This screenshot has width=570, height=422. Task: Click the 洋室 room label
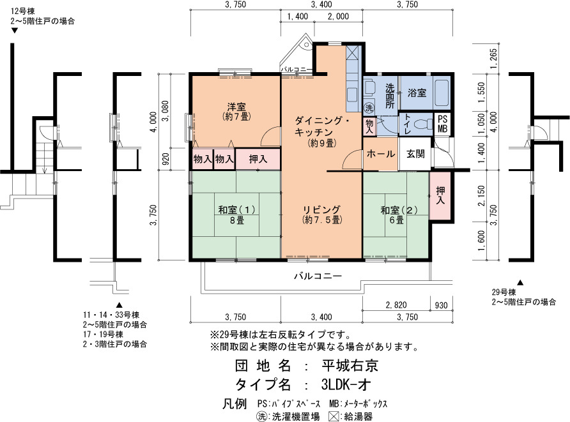tap(236, 107)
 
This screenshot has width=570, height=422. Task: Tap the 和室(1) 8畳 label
tap(236, 215)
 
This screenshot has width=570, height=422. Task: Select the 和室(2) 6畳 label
tap(399, 215)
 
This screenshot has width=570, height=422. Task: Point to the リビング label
tap(321, 209)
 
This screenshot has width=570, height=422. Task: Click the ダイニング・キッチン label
tap(322, 126)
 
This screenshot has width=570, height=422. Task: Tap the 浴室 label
tap(417, 93)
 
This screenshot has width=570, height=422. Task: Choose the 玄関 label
tap(415, 154)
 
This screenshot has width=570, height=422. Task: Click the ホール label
tap(381, 154)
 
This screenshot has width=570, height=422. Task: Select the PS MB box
tap(442, 124)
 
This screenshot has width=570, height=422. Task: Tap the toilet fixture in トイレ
tap(422, 124)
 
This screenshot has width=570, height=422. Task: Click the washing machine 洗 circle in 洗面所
tap(369, 107)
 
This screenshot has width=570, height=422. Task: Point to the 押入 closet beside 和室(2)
tap(440, 195)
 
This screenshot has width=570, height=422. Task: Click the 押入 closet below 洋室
tap(258, 159)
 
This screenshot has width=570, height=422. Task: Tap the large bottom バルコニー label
tap(318, 276)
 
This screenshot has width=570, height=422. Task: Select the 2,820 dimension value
tap(396, 305)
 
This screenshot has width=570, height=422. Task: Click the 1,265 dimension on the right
tap(493, 59)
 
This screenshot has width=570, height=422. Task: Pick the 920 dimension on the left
tap(165, 160)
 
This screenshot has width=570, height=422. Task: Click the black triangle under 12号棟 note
tap(15, 31)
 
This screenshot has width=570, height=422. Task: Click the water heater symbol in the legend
tap(334, 416)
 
